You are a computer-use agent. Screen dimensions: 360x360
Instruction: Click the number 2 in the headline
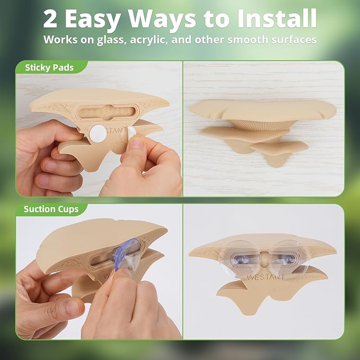point(50,19)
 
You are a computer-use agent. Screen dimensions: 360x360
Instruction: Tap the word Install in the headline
point(277,19)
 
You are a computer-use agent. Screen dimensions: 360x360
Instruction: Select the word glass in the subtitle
point(111,40)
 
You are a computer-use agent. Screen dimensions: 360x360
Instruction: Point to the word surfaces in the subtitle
point(294,39)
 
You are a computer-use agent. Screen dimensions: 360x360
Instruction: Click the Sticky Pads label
point(49,67)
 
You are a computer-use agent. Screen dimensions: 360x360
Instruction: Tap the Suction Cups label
point(51,209)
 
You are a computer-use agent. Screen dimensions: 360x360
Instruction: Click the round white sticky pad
point(98,134)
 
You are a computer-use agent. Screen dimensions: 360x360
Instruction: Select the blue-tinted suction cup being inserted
point(127,253)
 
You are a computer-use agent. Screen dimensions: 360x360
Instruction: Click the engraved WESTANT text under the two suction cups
point(266,277)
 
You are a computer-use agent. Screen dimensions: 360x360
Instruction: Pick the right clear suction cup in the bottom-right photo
point(289,258)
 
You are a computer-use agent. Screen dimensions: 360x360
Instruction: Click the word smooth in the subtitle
point(248,39)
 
